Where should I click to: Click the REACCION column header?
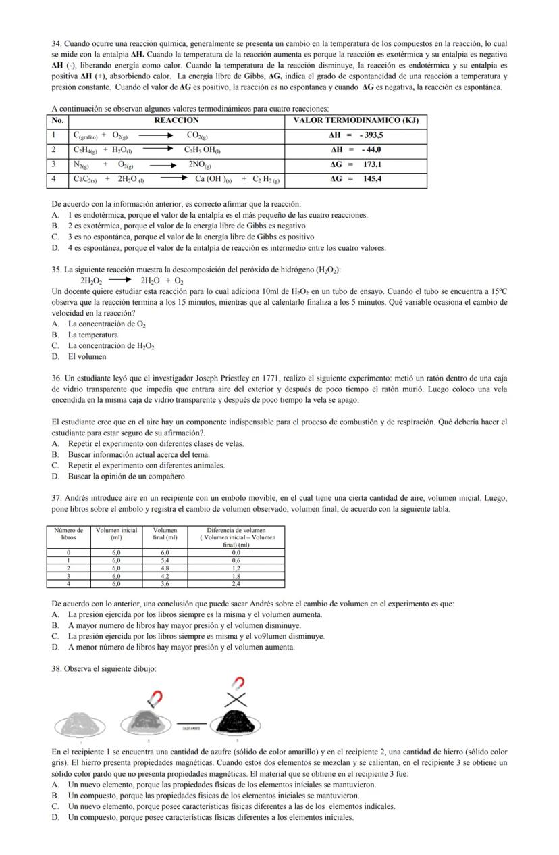pos(178,120)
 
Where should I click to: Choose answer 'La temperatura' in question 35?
pos(92,335)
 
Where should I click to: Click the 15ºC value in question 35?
pos(498,291)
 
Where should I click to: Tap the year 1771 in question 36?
pos(269,378)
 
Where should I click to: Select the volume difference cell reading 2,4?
pos(236,583)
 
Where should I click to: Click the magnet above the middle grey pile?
pos(155,696)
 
